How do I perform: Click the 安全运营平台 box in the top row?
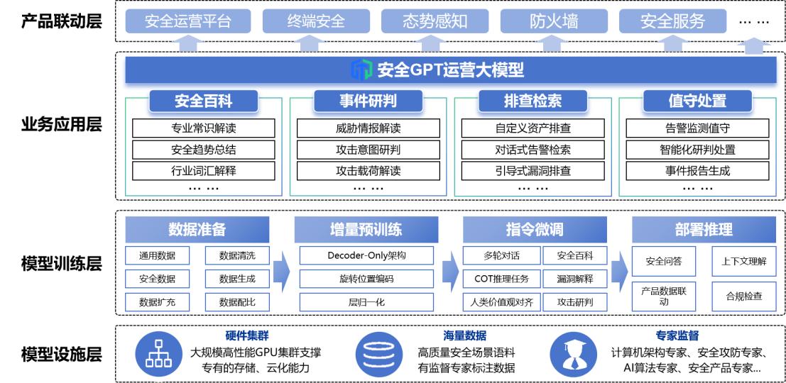[188, 21]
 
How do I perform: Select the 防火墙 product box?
[553, 21]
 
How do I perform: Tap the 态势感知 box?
[435, 21]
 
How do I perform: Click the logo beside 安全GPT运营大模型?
[361, 70]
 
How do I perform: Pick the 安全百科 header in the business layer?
[204, 101]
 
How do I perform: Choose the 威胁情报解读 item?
[369, 128]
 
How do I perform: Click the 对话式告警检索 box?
[533, 150]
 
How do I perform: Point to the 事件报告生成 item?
[697, 171]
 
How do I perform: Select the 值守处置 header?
[697, 101]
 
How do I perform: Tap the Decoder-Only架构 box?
[366, 255]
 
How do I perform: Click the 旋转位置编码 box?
[366, 279]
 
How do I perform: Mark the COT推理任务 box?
[501, 279]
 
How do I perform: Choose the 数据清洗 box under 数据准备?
[237, 255]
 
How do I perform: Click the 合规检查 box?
[744, 296]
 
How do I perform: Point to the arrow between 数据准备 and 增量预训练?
[282, 272]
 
